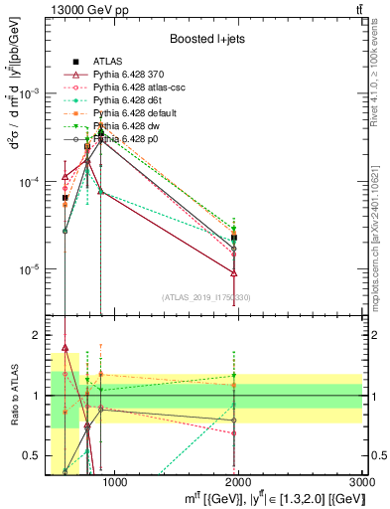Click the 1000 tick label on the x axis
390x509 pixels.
[115, 482]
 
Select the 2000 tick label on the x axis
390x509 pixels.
[239, 482]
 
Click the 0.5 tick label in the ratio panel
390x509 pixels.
[34, 456]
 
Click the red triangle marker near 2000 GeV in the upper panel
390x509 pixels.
[234, 272]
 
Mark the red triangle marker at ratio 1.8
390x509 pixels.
[65, 348]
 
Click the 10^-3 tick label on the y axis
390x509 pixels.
[29, 92]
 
